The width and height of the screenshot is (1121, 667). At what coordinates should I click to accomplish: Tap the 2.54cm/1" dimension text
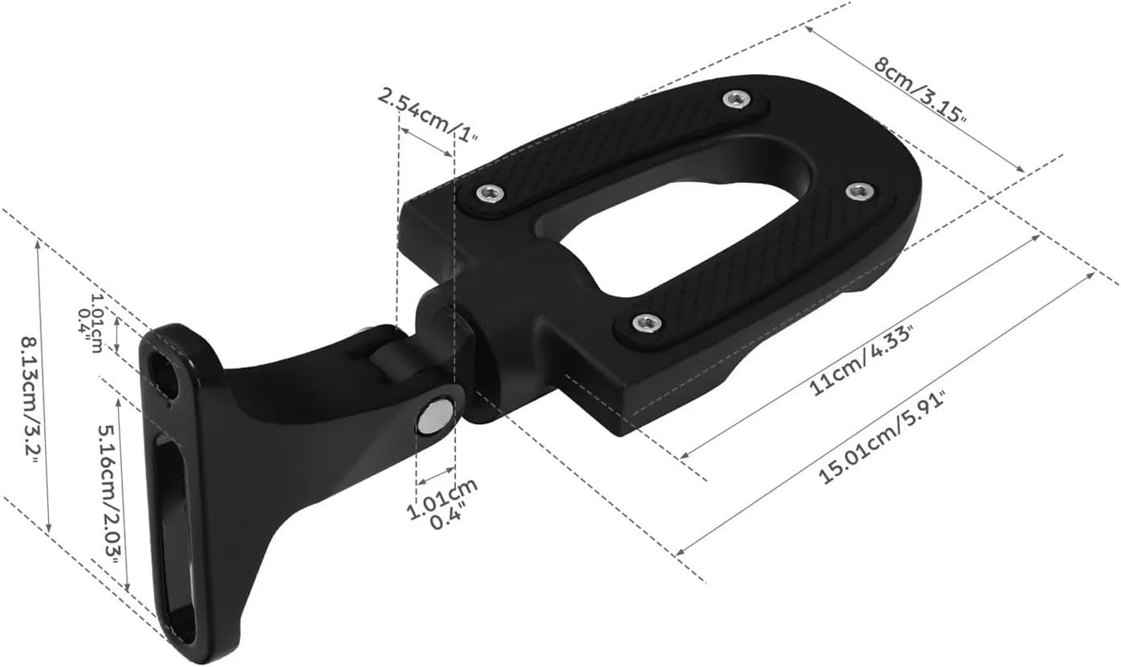tap(427, 116)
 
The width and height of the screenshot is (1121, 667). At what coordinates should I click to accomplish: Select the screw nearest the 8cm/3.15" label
tap(735, 100)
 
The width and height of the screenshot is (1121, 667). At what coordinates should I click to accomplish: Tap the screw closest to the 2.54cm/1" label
tap(489, 193)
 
